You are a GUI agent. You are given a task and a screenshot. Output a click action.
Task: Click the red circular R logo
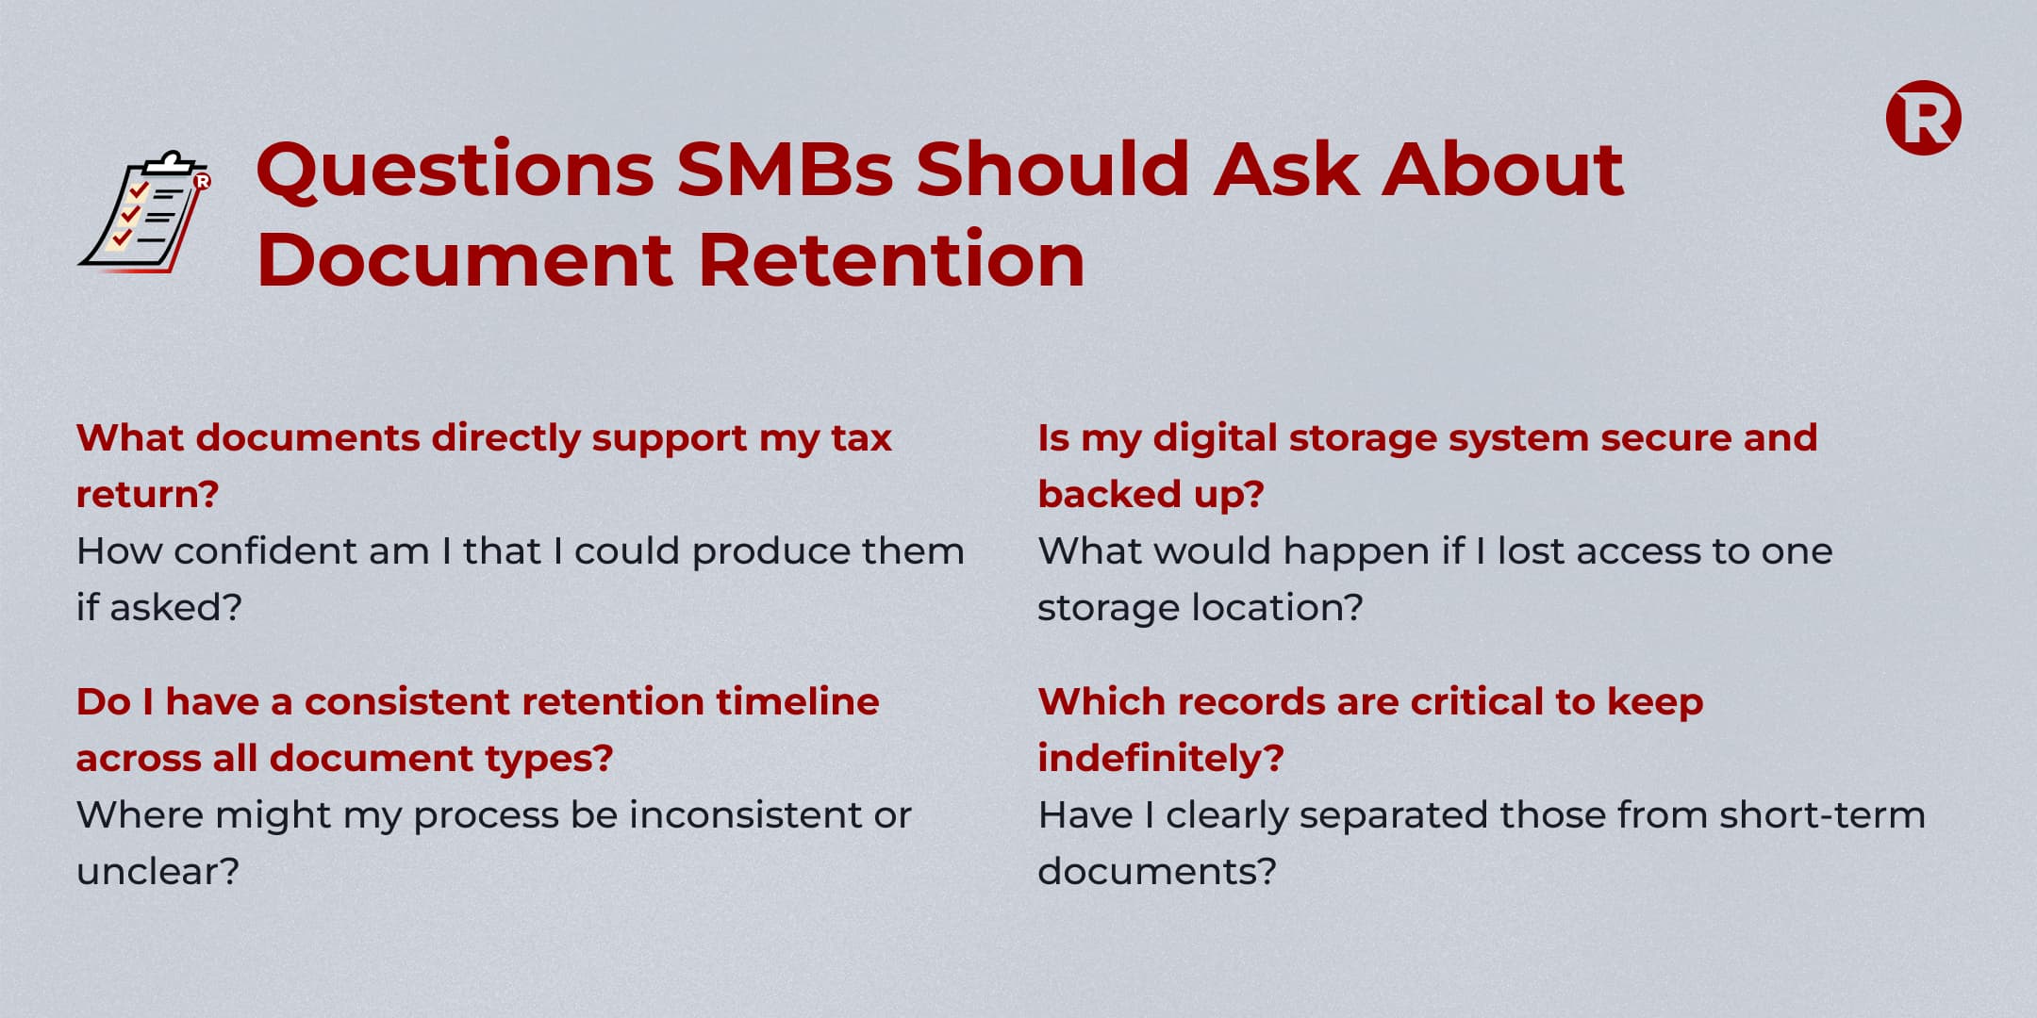point(1923,118)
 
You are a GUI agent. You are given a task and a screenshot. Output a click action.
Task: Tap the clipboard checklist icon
point(144,211)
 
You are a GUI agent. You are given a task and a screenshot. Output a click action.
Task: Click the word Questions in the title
point(455,171)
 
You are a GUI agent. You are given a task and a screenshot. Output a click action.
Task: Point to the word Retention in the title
point(891,259)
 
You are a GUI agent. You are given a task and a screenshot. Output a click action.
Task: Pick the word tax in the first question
point(861,438)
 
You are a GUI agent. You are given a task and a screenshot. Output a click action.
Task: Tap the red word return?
point(147,494)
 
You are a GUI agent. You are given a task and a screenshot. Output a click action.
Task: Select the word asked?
point(176,607)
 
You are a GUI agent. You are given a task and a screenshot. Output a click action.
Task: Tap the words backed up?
point(1151,495)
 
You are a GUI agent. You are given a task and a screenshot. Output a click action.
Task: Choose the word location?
point(1278,607)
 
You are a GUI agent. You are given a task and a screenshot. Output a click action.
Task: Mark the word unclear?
point(157,871)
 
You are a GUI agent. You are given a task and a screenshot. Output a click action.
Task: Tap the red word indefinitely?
point(1161,759)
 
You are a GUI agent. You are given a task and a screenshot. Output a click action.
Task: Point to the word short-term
point(1822,814)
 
